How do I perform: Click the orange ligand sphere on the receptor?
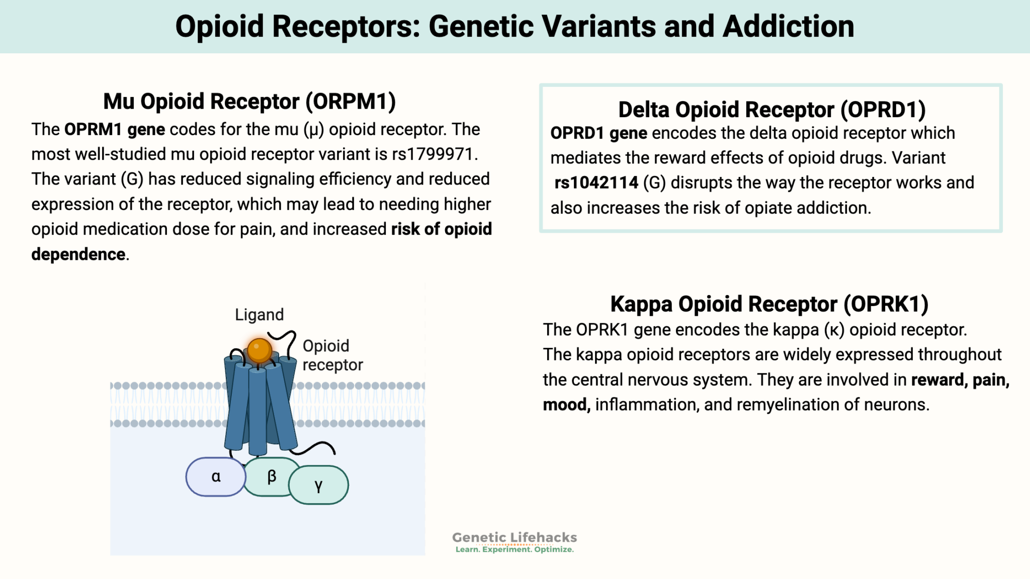[x=260, y=350]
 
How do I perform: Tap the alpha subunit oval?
[x=216, y=477]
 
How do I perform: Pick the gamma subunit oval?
[x=318, y=486]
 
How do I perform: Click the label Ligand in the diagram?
[x=259, y=315]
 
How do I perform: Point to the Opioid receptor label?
[x=332, y=355]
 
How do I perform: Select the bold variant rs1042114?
[x=596, y=183]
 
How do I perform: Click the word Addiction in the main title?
[x=788, y=27]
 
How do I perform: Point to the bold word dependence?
[x=78, y=254]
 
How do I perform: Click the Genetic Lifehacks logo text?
[x=514, y=537]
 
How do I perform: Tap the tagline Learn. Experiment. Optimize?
[x=514, y=549]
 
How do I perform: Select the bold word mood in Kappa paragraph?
[x=565, y=405]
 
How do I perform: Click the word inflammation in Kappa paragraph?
[x=647, y=405]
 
